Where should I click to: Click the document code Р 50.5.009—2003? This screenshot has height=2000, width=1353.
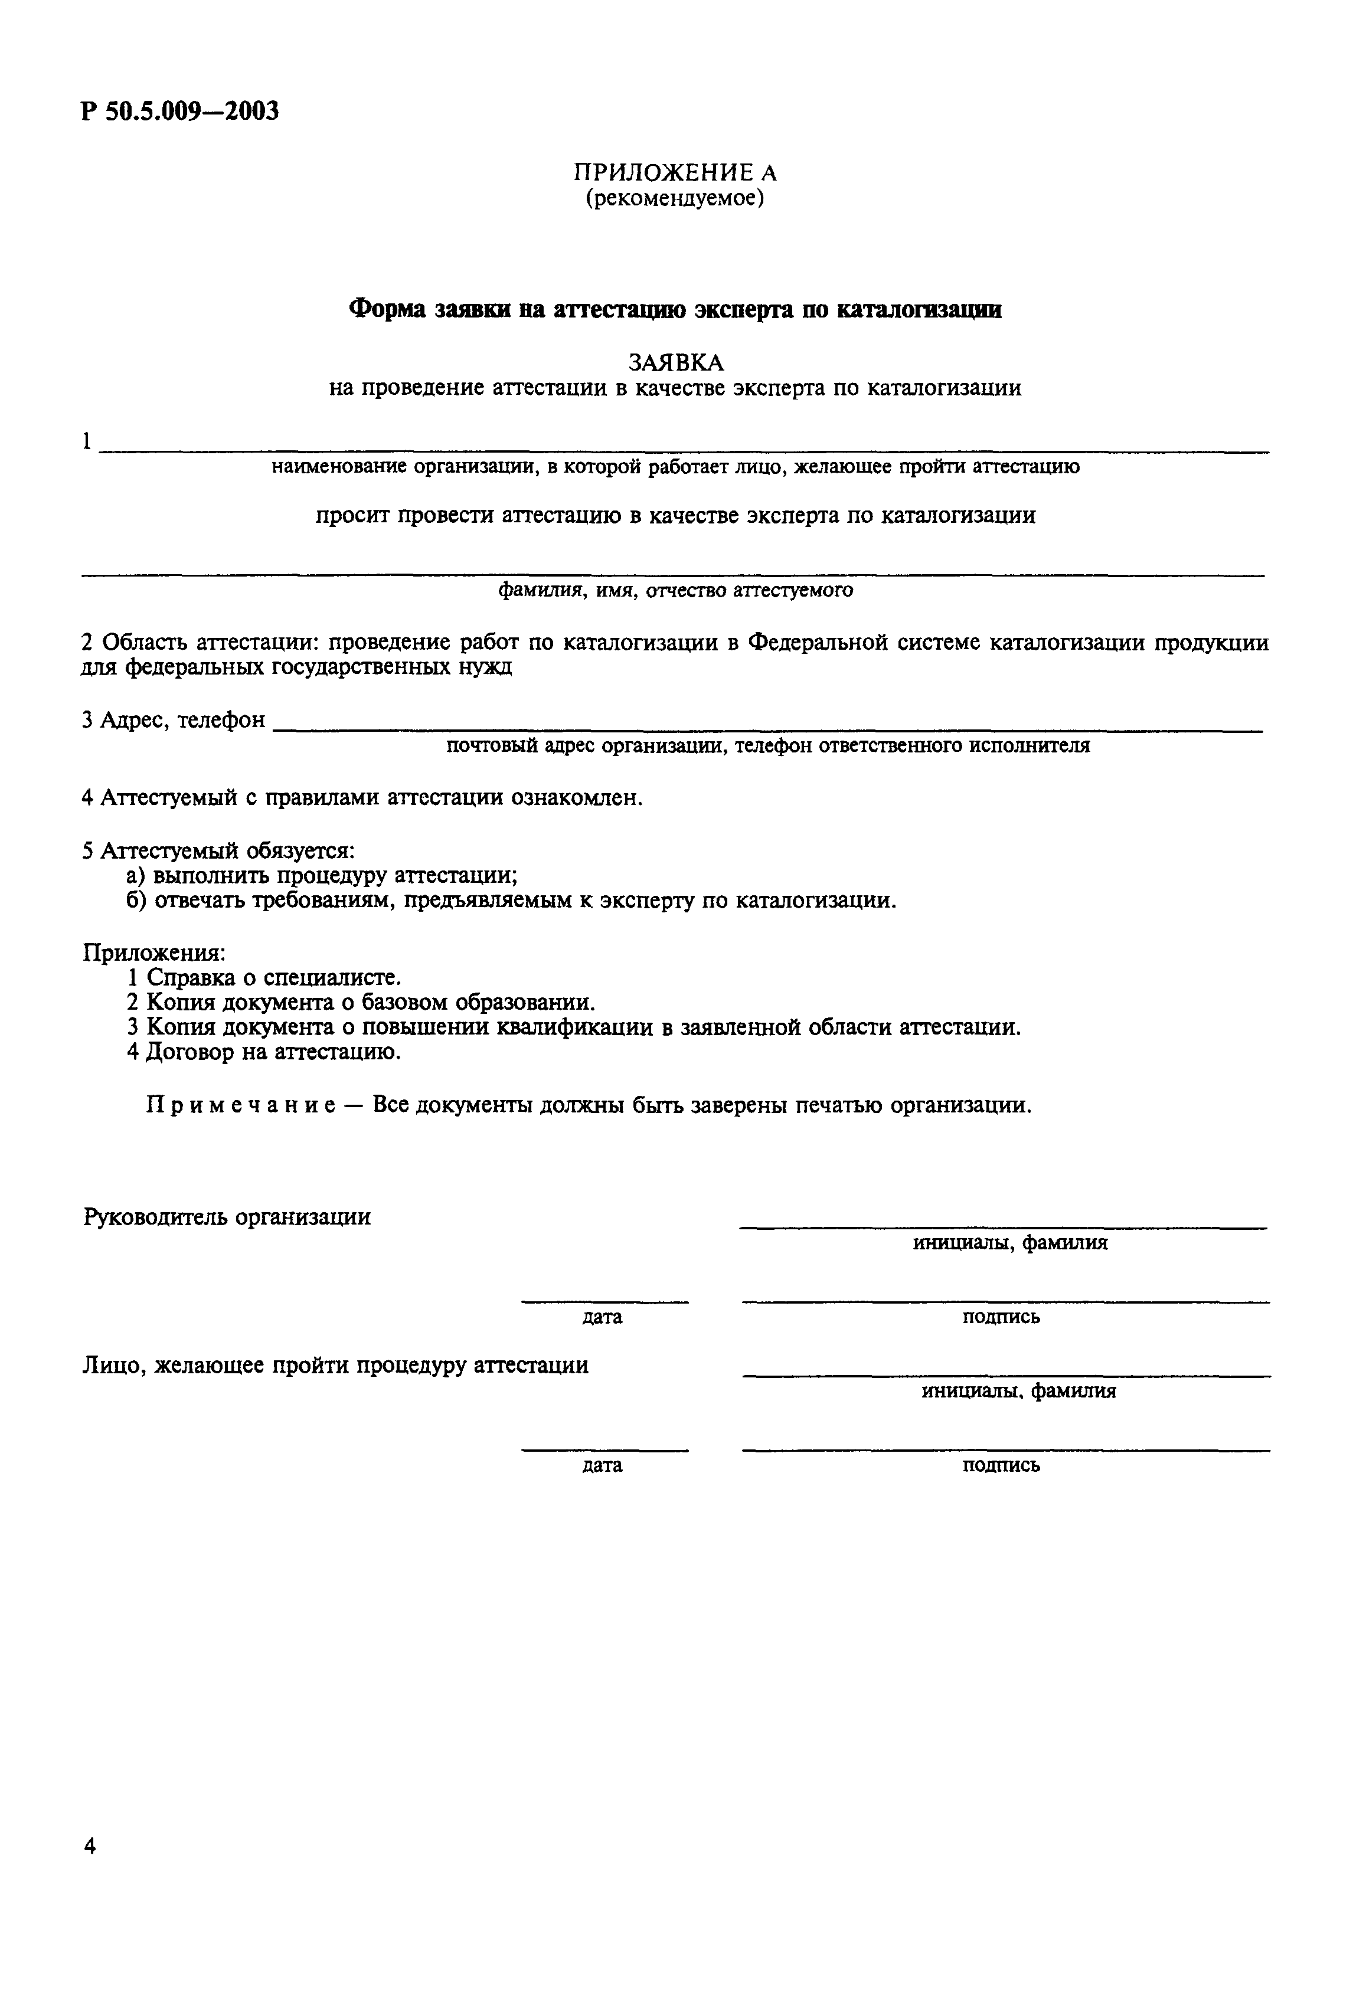(180, 112)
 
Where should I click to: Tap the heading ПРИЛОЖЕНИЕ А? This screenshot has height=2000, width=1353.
(675, 173)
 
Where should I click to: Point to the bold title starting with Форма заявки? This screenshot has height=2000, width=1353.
(675, 310)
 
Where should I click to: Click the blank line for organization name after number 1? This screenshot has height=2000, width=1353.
(684, 449)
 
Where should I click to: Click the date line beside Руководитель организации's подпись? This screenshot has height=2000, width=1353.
(604, 1299)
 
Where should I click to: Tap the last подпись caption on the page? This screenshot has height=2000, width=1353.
(1000, 1465)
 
